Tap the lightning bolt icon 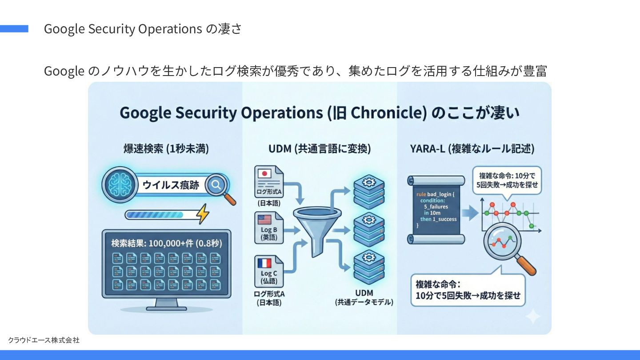pos(203,214)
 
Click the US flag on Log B pos(264,219)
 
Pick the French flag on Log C pos(264,263)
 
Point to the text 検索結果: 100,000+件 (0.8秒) pos(166,243)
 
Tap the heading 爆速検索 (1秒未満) pos(166,149)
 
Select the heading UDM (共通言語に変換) pos(319,149)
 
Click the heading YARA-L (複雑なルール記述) pos(472,149)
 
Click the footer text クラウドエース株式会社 pos(44,340)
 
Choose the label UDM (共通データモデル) pos(364,298)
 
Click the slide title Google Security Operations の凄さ pos(143,29)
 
